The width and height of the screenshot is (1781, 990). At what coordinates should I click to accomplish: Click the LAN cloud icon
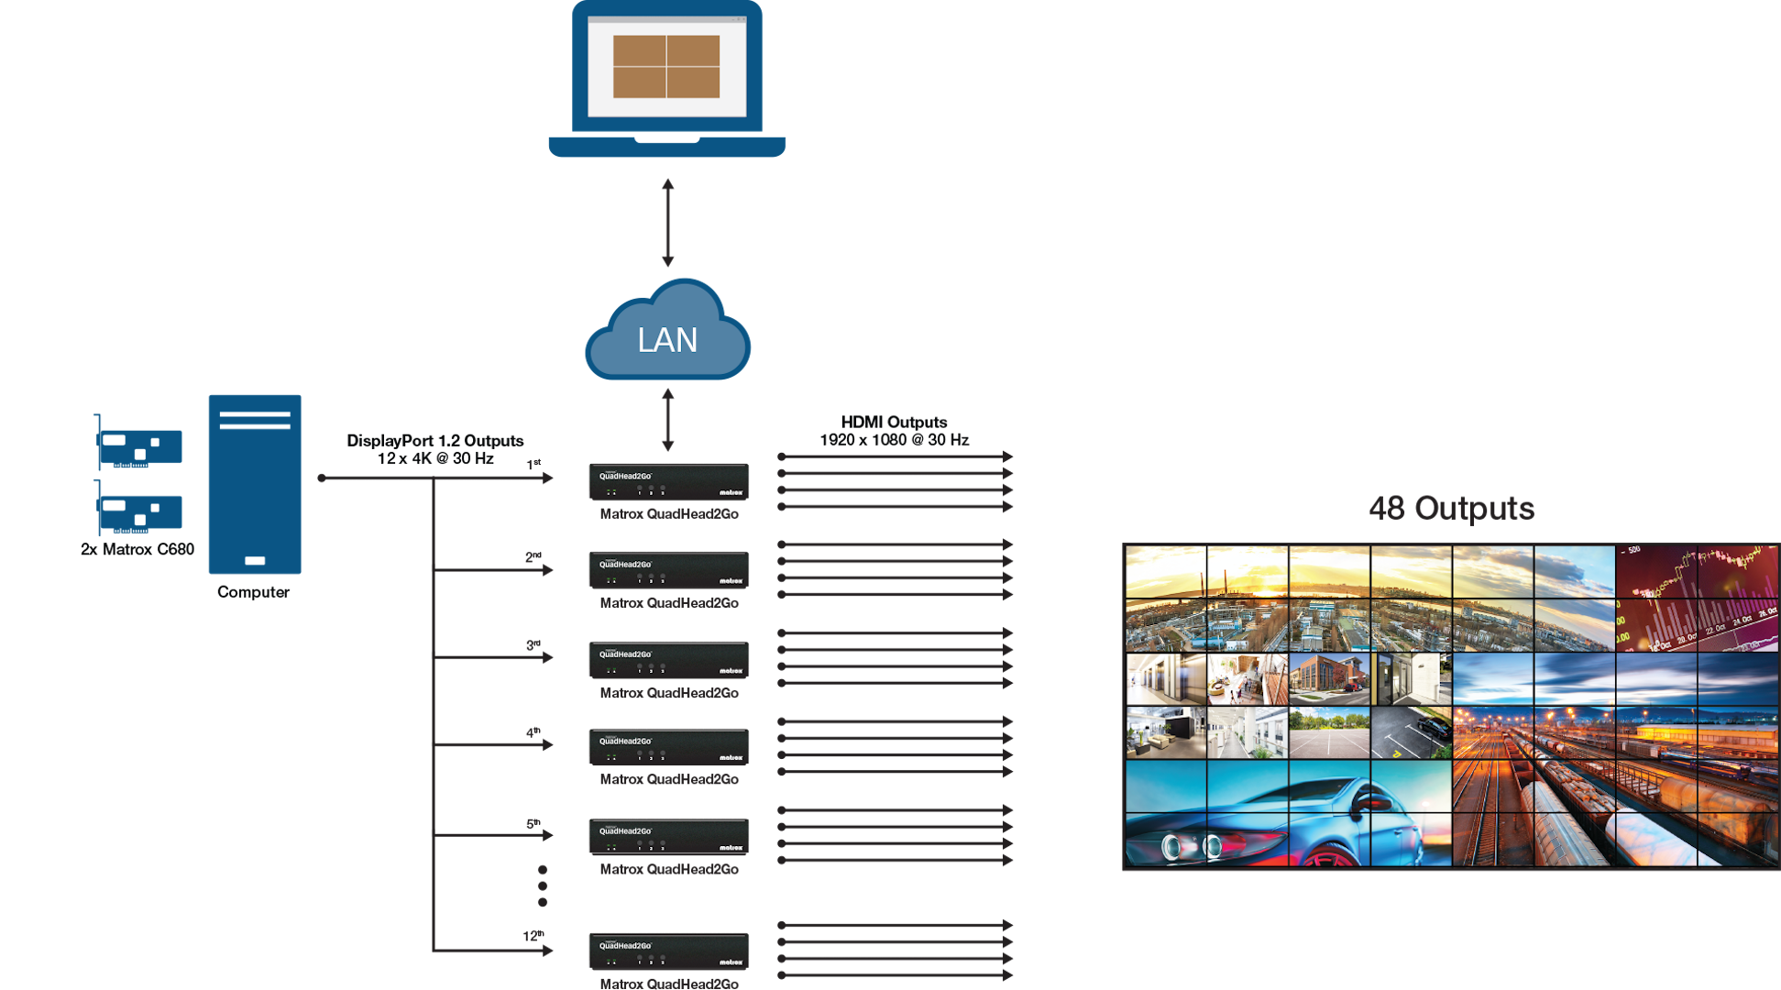pyautogui.click(x=667, y=332)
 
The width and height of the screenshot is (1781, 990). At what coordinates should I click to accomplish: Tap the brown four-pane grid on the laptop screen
pyautogui.click(x=666, y=67)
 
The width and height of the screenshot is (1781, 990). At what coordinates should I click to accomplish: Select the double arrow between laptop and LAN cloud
pyautogui.click(x=667, y=223)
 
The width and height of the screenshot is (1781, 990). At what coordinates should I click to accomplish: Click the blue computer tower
pyautogui.click(x=255, y=484)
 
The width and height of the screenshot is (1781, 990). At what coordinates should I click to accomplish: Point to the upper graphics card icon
pyautogui.click(x=140, y=444)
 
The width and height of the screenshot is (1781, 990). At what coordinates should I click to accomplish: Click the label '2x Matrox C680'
pyautogui.click(x=137, y=550)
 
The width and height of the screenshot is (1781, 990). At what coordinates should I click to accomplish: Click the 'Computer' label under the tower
pyautogui.click(x=253, y=592)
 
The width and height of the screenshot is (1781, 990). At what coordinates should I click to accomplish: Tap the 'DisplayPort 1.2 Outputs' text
pyautogui.click(x=434, y=441)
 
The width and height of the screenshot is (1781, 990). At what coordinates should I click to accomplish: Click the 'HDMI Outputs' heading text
pyautogui.click(x=894, y=423)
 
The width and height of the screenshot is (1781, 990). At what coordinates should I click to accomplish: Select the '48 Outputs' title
pyautogui.click(x=1451, y=509)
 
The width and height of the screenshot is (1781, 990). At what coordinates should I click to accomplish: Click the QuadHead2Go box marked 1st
pyautogui.click(x=668, y=482)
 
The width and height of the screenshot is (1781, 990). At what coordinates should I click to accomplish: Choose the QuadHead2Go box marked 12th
pyautogui.click(x=668, y=951)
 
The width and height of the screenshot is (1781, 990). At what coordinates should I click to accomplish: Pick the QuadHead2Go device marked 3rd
pyautogui.click(x=668, y=660)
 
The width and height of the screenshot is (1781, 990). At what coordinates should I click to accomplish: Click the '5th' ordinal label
pyautogui.click(x=533, y=823)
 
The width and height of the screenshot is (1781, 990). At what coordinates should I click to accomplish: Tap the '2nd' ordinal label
pyautogui.click(x=533, y=556)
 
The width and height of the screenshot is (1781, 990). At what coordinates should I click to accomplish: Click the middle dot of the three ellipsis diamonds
pyautogui.click(x=543, y=885)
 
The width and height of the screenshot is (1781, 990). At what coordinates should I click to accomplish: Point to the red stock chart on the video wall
pyautogui.click(x=1696, y=598)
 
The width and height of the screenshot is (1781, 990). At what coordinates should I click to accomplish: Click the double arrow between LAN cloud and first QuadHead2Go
pyautogui.click(x=667, y=420)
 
